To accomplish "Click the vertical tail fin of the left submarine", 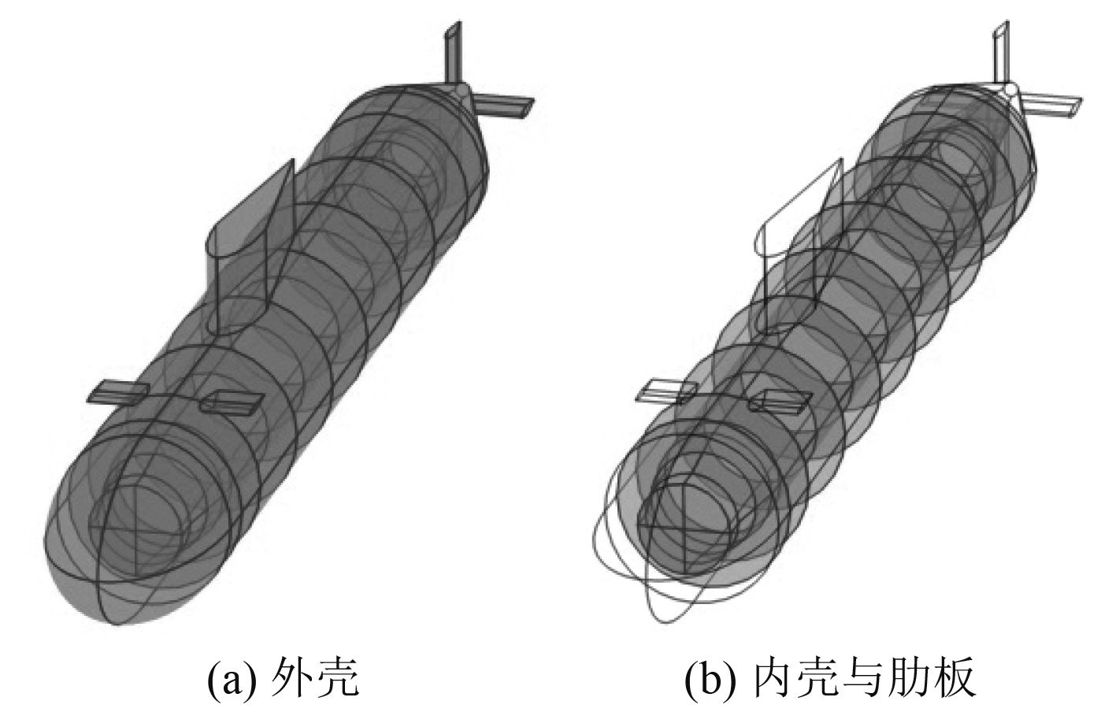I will pyautogui.click(x=452, y=51).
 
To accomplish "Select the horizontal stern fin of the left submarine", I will pyautogui.click(x=504, y=107).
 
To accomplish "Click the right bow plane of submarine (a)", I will pyautogui.click(x=228, y=403).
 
